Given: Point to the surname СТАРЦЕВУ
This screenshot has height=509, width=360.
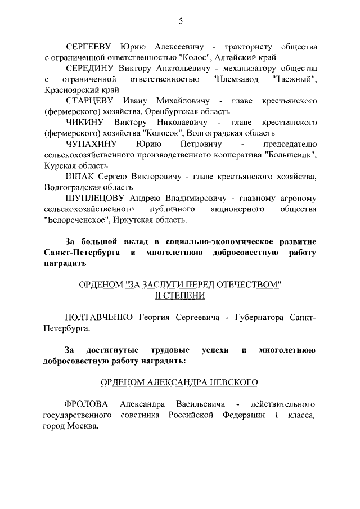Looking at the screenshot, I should pos(91,101).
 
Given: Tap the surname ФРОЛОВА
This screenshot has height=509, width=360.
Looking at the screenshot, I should pos(84,404).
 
